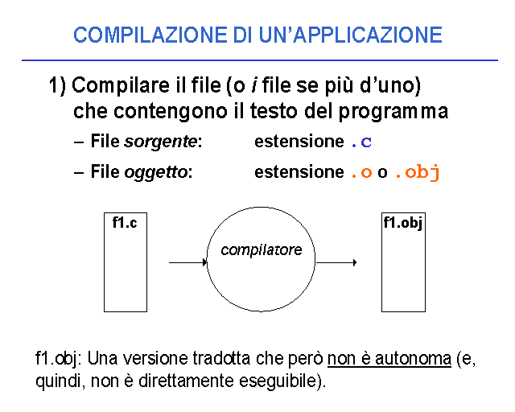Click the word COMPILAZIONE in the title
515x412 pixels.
point(150,35)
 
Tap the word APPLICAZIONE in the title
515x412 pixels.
point(368,35)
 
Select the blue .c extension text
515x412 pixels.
point(361,142)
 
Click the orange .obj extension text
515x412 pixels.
point(418,172)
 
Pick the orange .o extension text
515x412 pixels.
point(361,172)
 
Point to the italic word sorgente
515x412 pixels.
point(161,142)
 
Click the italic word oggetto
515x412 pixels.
point(155,172)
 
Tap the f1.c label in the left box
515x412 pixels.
point(125,223)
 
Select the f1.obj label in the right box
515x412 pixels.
point(403,224)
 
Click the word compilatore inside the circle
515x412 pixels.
point(261,250)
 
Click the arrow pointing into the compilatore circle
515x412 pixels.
point(187,262)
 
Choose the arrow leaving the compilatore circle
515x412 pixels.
point(336,262)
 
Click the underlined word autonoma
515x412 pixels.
point(413,358)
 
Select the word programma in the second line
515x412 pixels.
point(393,112)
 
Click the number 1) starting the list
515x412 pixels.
point(57,85)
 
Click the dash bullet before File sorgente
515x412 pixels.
point(79,142)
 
